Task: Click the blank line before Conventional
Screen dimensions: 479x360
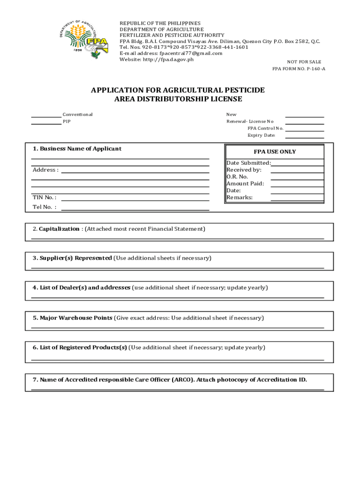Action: coord(46,116)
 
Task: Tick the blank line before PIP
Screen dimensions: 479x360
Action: coord(46,124)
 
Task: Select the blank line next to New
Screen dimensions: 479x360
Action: coord(304,116)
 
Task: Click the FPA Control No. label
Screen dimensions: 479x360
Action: coord(265,128)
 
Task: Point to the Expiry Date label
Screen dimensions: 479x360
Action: coord(261,135)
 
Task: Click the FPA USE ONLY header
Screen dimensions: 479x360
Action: coord(274,152)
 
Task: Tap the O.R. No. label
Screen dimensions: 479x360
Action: coord(238,177)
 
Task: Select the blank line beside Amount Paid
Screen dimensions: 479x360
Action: coord(297,186)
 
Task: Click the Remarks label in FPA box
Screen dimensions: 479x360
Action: coord(239,197)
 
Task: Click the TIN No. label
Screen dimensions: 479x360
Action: coord(44,197)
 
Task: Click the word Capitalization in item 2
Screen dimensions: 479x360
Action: coord(59,229)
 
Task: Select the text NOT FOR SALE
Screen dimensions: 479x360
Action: coord(304,62)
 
